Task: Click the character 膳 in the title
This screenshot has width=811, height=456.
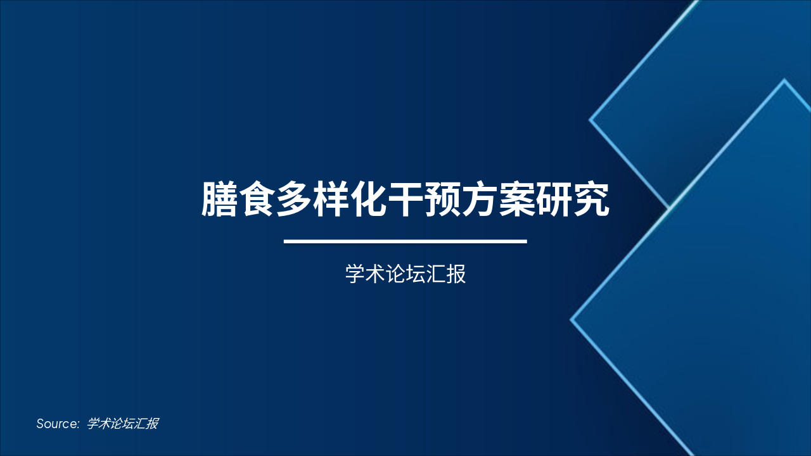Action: [219, 200]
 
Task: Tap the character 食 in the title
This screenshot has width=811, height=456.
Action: [257, 200]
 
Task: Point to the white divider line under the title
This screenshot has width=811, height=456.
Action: [405, 241]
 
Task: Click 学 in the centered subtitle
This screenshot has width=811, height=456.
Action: [355, 275]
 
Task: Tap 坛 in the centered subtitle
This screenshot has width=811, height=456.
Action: [416, 275]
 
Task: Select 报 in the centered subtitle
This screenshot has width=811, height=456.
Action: [456, 275]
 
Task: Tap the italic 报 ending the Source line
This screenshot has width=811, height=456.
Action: [151, 424]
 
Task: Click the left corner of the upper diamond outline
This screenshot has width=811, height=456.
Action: [591, 119]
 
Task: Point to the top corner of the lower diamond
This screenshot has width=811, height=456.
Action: [784, 81]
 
